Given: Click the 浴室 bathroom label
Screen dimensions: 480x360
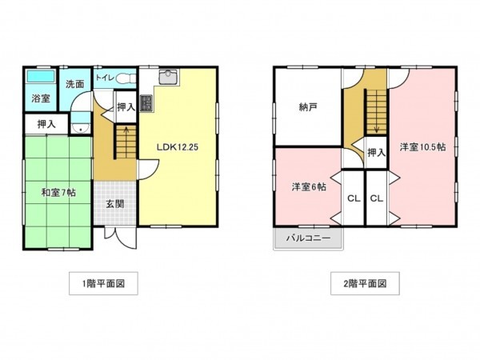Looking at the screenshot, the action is coord(41,98).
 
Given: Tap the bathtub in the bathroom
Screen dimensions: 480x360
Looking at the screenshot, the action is coord(41,76).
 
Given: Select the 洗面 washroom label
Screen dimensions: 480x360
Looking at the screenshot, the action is coord(74,84).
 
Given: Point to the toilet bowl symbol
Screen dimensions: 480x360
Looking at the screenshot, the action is coord(126,78).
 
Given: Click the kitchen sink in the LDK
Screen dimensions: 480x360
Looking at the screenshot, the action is coord(167,77).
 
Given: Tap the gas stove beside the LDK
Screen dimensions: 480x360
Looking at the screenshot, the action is coord(146,103).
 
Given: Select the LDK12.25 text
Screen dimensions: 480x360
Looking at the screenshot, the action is coord(178,147).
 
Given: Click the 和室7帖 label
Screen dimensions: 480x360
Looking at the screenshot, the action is coord(58,193).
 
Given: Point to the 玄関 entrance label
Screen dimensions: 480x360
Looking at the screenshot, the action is coord(115,204).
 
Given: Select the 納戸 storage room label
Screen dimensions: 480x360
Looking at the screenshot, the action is coord(308,107).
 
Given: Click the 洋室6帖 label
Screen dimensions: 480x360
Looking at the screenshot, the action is coord(309,186).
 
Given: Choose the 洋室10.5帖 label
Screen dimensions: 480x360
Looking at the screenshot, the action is coord(422,147).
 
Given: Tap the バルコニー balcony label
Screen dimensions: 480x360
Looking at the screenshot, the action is coord(308,238).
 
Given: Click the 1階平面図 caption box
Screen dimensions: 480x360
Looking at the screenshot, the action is coord(103,283).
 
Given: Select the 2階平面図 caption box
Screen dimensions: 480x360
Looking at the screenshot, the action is coord(365,283).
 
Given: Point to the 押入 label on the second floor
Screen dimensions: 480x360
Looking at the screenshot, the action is coord(376,153).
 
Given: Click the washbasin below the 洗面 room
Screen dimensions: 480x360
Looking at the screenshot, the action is coord(81,128).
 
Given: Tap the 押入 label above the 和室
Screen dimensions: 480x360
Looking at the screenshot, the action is coord(46,124).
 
